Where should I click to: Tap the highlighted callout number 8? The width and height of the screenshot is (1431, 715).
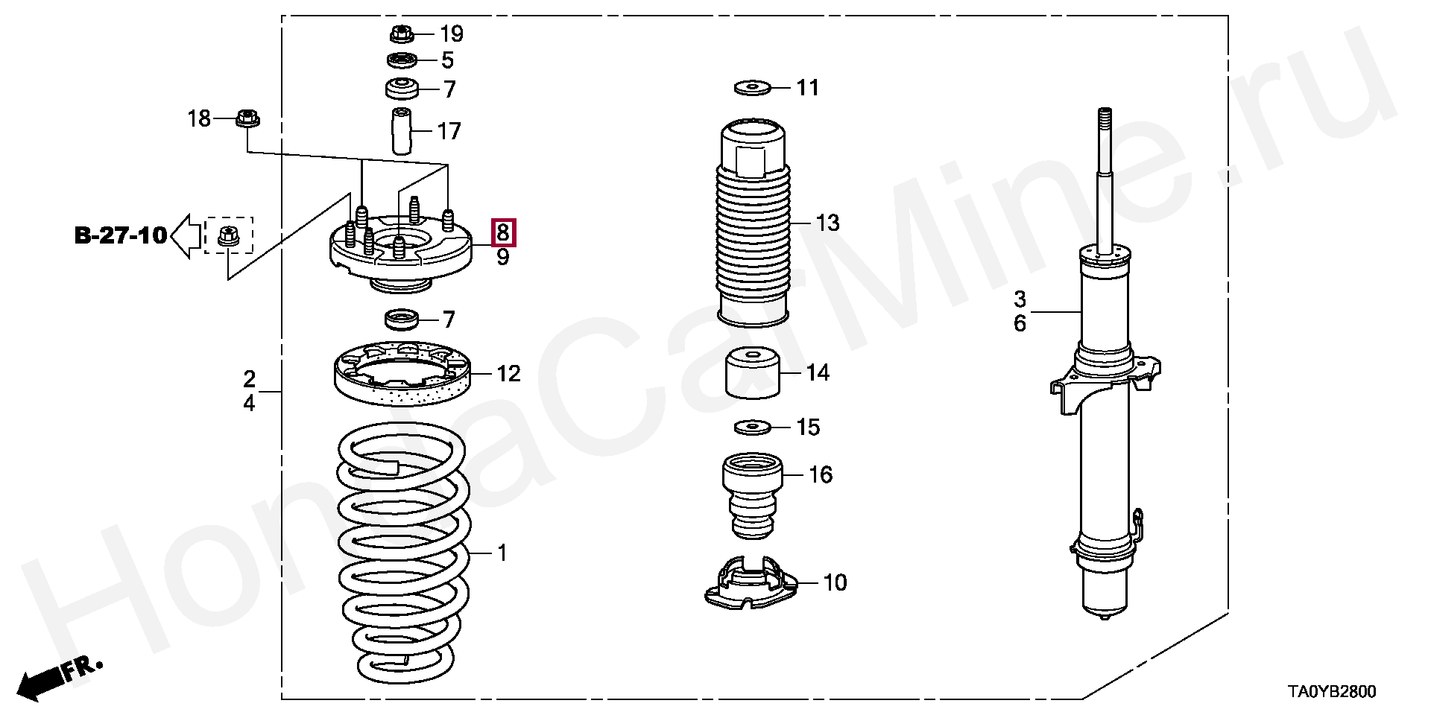(x=503, y=232)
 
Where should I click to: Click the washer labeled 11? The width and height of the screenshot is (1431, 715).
(x=753, y=88)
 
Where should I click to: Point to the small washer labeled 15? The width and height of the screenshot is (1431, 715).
(x=753, y=428)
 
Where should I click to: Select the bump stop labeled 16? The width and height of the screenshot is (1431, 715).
(x=753, y=495)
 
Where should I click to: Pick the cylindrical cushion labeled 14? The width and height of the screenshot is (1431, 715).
(x=753, y=374)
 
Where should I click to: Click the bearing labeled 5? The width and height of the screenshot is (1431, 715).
(x=402, y=60)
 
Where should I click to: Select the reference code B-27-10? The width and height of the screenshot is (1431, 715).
(x=121, y=235)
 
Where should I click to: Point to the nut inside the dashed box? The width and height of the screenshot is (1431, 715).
(x=228, y=236)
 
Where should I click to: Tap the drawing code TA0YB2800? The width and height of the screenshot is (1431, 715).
(x=1332, y=692)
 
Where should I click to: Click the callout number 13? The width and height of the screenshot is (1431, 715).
(x=827, y=222)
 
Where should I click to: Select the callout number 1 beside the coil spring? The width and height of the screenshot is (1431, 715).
(x=502, y=553)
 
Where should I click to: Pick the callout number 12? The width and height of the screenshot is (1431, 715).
(x=508, y=373)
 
